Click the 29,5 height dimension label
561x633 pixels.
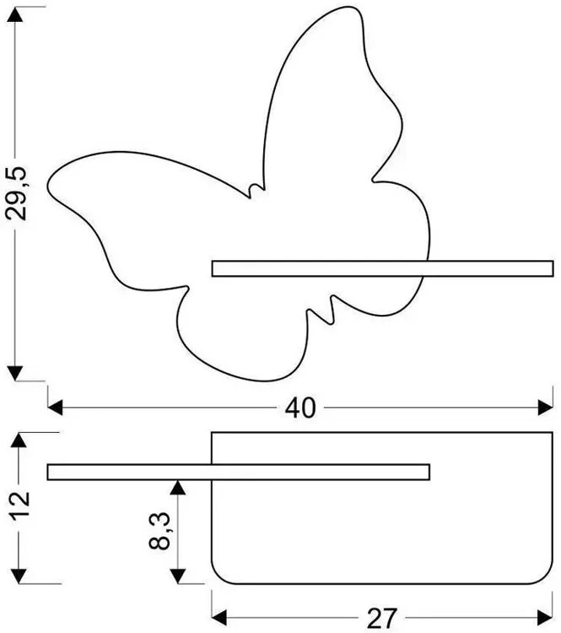pyautogui.click(x=16, y=192)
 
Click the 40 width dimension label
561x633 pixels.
pyautogui.click(x=300, y=408)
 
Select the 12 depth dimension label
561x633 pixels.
pyautogui.click(x=19, y=505)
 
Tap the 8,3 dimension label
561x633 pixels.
pyautogui.click(x=159, y=531)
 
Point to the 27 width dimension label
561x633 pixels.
pyautogui.click(x=382, y=618)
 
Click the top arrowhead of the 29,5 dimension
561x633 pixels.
pyautogui.click(x=15, y=14)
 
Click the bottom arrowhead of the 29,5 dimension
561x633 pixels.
pyautogui.click(x=15, y=373)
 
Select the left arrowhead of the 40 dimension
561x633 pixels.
pyautogui.click(x=56, y=408)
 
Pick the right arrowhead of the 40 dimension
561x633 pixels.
pyautogui.click(x=545, y=408)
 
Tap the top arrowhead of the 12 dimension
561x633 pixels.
pyautogui.click(x=19, y=440)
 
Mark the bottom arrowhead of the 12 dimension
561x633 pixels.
pyautogui.click(x=19, y=576)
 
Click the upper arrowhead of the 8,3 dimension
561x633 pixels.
pyautogui.click(x=178, y=488)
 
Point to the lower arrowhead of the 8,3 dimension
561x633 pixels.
pyautogui.click(x=178, y=576)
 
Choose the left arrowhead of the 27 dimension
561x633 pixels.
pyautogui.click(x=219, y=618)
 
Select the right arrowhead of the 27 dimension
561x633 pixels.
pyautogui.click(x=545, y=618)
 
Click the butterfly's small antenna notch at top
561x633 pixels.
pyautogui.click(x=256, y=190)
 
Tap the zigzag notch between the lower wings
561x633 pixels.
pyautogui.click(x=321, y=310)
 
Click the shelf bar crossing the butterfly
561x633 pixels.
pyautogui.click(x=383, y=269)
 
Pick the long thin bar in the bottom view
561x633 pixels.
pyautogui.click(x=239, y=473)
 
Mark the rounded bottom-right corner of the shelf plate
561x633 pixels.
pyautogui.click(x=546, y=577)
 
